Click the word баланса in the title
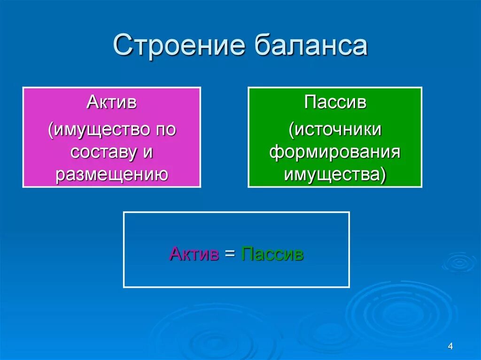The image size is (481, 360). click(x=310, y=45)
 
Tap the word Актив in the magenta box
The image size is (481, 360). click(x=111, y=102)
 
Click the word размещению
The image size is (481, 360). click(x=112, y=175)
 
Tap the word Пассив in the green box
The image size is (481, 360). click(x=335, y=102)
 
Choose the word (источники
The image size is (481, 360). click(x=335, y=130)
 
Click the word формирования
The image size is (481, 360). click(x=335, y=152)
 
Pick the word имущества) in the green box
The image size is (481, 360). click(x=335, y=175)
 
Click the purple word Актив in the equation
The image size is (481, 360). click(x=194, y=254)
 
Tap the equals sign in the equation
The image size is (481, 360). click(x=230, y=254)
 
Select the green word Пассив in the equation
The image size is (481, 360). click(x=272, y=254)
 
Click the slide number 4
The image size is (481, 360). click(x=450, y=346)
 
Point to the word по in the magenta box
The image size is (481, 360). click(x=166, y=130)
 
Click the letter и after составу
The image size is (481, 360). click(x=147, y=153)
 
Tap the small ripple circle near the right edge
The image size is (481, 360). click(x=459, y=263)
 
